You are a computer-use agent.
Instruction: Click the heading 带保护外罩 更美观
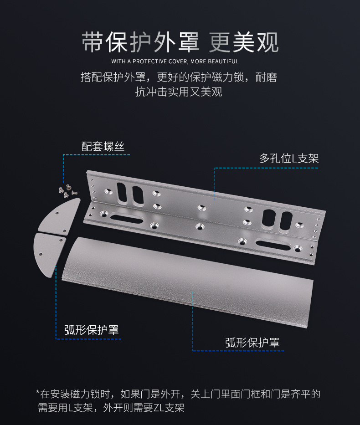pos(180,42)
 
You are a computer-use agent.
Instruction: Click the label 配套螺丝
pos(103,147)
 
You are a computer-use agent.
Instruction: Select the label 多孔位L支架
pos(289,158)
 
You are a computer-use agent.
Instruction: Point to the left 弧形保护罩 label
pos(92,330)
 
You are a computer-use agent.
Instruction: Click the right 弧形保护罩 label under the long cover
pos(252,343)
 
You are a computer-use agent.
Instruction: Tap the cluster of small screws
pos(68,191)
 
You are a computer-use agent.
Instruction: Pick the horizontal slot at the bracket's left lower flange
pos(126,219)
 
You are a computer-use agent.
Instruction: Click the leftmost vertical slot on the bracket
pos(121,193)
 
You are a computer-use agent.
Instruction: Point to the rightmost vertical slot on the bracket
pos(286,222)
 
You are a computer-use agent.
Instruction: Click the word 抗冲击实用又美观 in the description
pos(179,92)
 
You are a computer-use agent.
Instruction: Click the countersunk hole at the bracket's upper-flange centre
pos(201,208)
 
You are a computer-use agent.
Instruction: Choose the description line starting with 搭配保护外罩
pos(179,77)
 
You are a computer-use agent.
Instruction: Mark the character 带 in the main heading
pos(92,42)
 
